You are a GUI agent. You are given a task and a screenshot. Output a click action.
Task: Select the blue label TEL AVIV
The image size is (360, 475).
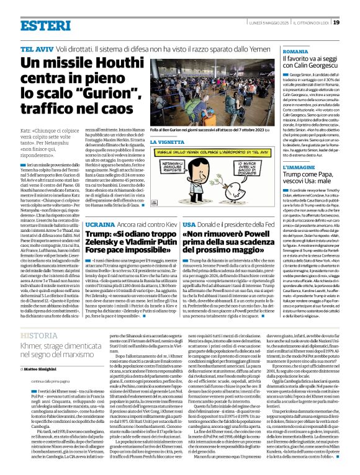point(36,48)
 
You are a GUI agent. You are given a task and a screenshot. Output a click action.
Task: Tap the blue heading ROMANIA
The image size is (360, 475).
point(295,53)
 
